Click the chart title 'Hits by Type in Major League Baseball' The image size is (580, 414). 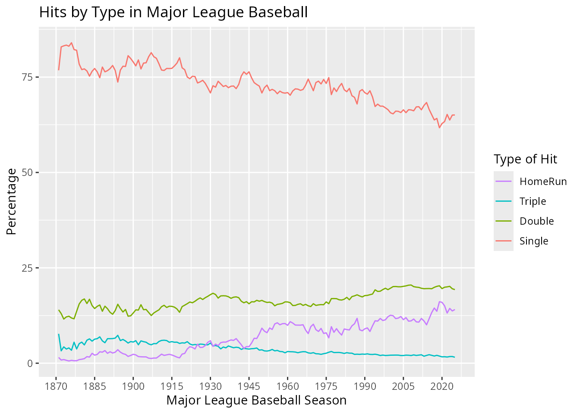tap(173, 12)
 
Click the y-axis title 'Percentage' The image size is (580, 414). tap(12, 202)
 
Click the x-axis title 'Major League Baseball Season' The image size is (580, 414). tap(256, 400)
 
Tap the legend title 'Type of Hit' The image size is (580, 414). tap(525, 160)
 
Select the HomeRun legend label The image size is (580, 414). tap(543, 182)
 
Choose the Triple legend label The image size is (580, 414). tap(533, 201)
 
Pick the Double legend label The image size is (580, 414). tap(536, 221)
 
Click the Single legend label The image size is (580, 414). tap(534, 241)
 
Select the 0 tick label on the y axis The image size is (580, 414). tap(30, 363)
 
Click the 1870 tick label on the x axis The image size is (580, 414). tap(56, 386)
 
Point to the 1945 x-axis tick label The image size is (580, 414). tap(249, 386)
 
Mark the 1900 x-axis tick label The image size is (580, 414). tap(133, 386)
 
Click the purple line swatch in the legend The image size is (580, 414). tap(504, 182)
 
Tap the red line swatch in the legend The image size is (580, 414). tap(504, 241)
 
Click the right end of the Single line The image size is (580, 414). tap(454, 115)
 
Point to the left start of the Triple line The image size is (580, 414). tap(59, 334)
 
